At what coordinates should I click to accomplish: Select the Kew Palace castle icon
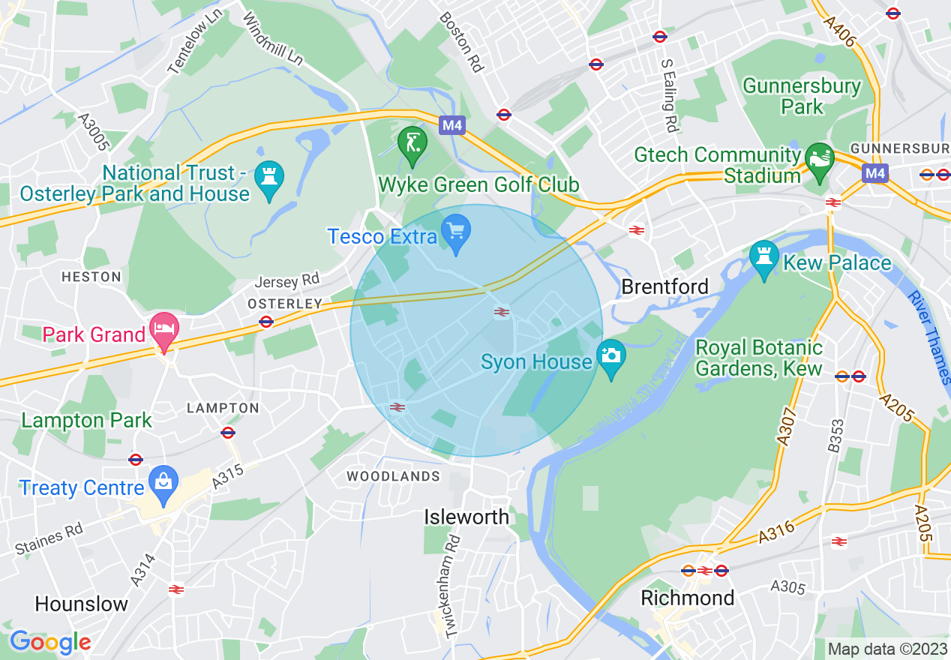coord(763,259)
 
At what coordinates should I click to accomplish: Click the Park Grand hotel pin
coord(163,331)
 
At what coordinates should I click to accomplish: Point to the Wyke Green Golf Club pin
coord(412,144)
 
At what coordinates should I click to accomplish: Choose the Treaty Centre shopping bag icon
coord(163,484)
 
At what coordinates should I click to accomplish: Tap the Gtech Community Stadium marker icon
coord(820,160)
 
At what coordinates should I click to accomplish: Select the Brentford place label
coord(664,286)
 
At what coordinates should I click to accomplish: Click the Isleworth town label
coord(466,517)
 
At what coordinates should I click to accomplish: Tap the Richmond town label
coord(687,598)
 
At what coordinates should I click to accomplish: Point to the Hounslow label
coord(82,604)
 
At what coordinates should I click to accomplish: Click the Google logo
coord(50,642)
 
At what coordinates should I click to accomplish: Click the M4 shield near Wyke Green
coord(451,125)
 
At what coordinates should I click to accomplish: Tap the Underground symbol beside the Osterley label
coord(265,322)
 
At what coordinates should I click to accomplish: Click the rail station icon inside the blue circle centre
coord(502,312)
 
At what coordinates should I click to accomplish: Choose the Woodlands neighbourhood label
coord(393,476)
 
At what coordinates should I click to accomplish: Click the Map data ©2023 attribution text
coord(886,648)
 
